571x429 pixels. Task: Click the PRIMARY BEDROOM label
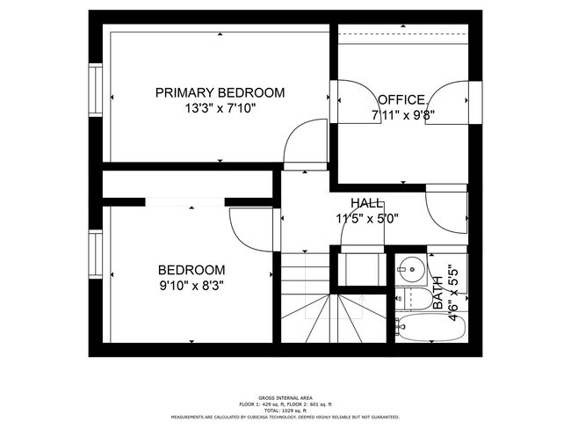[220, 92]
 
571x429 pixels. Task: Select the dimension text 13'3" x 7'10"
[220, 109]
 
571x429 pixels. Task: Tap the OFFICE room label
[402, 99]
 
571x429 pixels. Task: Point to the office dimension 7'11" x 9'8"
[403, 114]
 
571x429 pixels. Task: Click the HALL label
[366, 202]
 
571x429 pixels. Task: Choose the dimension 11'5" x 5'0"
[366, 218]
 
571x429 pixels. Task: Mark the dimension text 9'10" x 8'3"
[191, 285]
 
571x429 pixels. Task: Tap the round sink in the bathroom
[409, 265]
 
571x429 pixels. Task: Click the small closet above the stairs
[359, 267]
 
